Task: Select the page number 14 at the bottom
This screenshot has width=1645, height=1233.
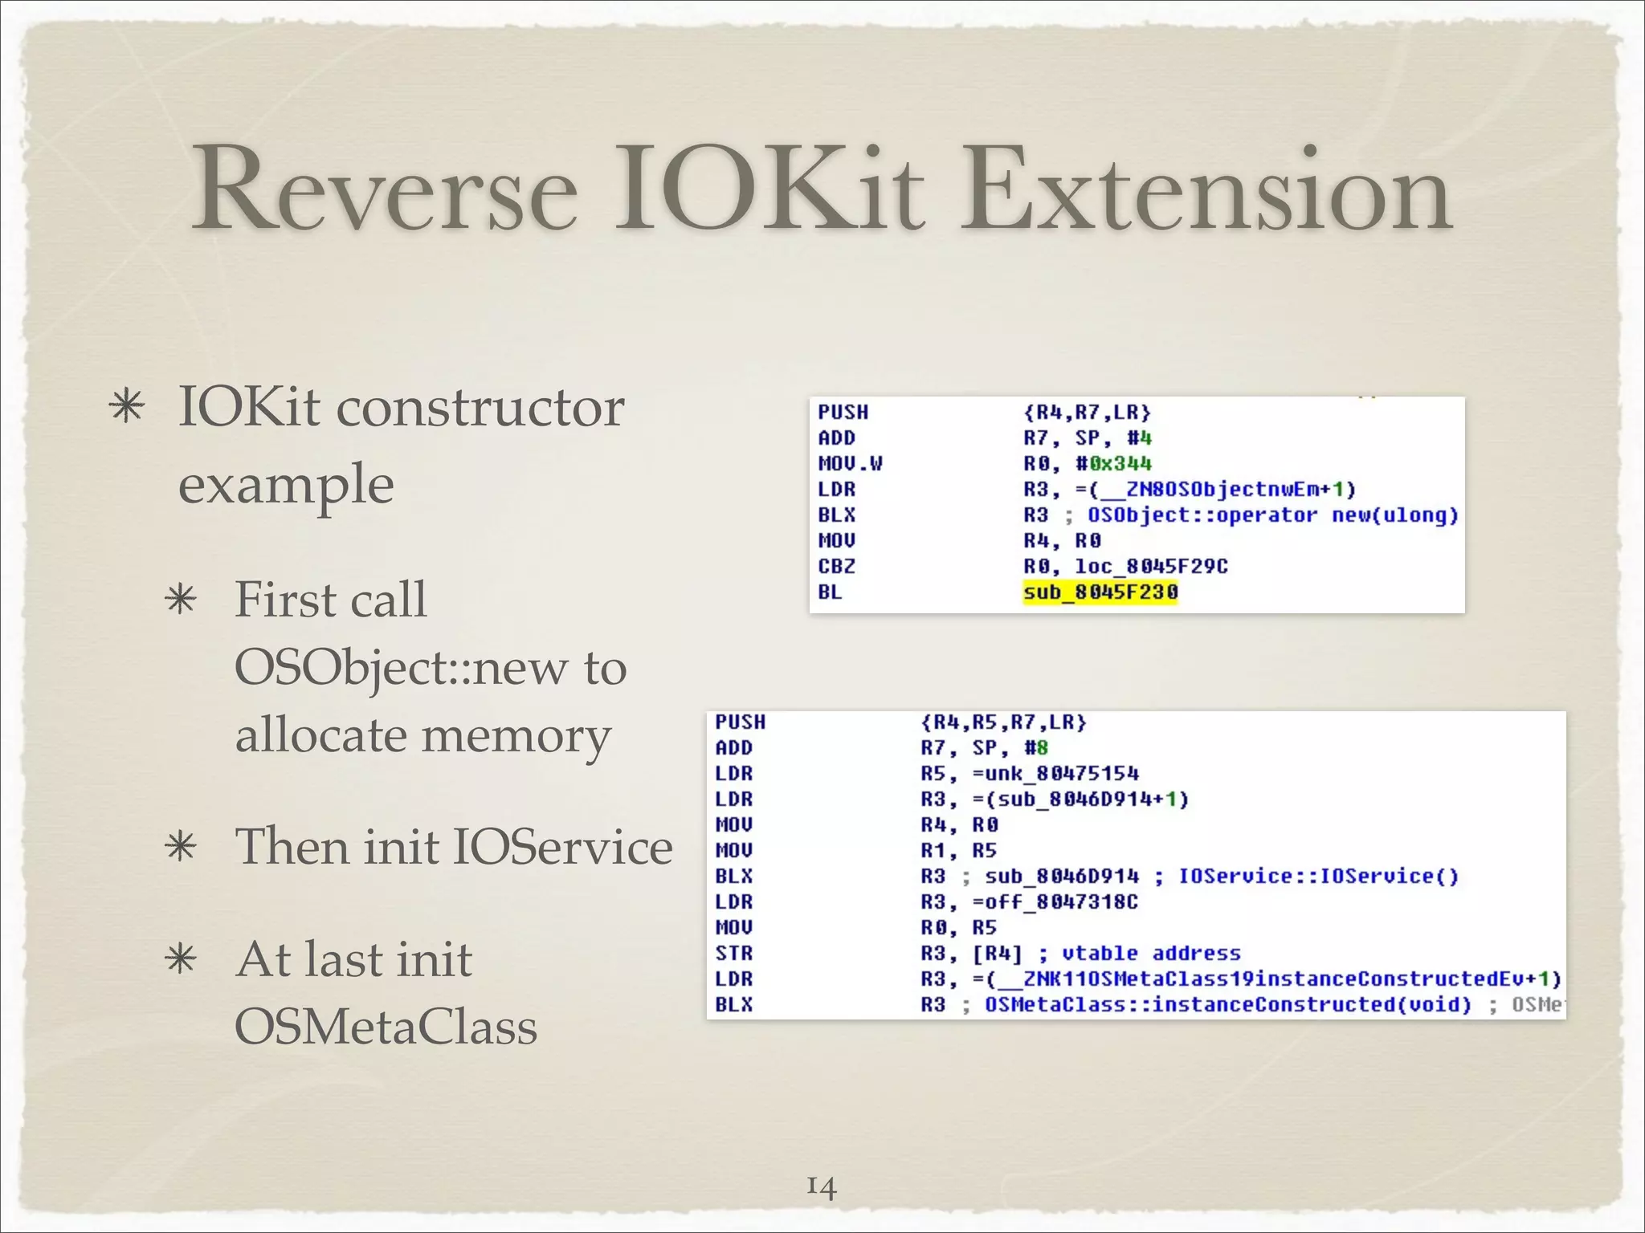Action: pyautogui.click(x=822, y=1186)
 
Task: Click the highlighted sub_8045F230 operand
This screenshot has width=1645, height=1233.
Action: pyautogui.click(x=1100, y=592)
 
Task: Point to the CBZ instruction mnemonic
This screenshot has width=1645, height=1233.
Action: pyautogui.click(x=836, y=567)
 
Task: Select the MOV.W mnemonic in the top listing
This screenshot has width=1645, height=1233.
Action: pyautogui.click(x=850, y=464)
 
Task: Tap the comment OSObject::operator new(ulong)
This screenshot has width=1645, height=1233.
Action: pyautogui.click(x=1272, y=515)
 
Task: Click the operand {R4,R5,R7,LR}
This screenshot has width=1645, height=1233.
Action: pyautogui.click(x=1003, y=722)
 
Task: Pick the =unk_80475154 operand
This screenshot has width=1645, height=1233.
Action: pyautogui.click(x=1055, y=774)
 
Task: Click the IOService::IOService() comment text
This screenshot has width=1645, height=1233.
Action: pyautogui.click(x=1317, y=877)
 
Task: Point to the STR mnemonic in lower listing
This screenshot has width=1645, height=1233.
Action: pyautogui.click(x=733, y=954)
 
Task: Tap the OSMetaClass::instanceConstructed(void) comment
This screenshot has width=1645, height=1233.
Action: pyautogui.click(x=1227, y=1005)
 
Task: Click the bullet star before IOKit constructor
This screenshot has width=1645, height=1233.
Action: pyautogui.click(x=127, y=406)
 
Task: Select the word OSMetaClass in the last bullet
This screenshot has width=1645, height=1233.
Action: pyautogui.click(x=386, y=1027)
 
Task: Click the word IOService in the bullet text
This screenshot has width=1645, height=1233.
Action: pyautogui.click(x=562, y=847)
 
